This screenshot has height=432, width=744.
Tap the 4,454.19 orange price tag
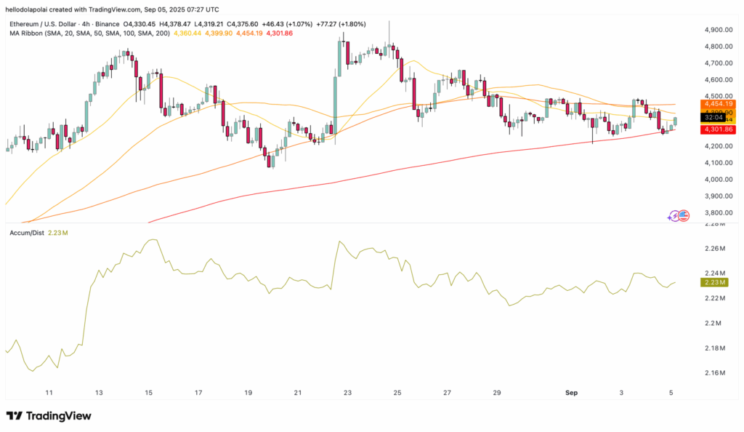click(x=718, y=104)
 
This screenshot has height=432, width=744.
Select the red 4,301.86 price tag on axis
click(x=718, y=129)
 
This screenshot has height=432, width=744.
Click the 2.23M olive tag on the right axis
click(x=718, y=282)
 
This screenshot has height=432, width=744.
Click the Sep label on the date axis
click(x=571, y=393)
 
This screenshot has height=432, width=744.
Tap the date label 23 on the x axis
click(x=347, y=393)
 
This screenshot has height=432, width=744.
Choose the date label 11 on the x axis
click(x=49, y=393)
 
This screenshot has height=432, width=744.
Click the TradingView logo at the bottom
click(x=49, y=416)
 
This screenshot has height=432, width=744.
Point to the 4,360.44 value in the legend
click(x=187, y=34)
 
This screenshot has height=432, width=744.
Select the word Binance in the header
click(x=133, y=24)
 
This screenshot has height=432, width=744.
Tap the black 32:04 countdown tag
click(x=717, y=116)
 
